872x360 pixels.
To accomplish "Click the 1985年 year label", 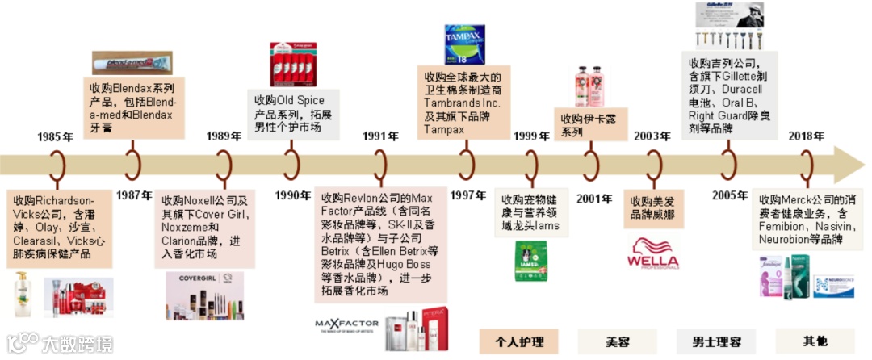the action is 55,137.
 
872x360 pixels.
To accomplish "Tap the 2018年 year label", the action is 806,137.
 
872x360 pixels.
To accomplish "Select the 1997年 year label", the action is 467,195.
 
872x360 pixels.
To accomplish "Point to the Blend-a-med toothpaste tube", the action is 132,62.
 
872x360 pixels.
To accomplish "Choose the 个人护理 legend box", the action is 519,341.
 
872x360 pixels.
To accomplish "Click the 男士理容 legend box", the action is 717,341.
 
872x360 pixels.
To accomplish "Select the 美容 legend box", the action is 618,341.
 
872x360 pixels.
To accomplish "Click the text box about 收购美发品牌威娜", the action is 652,207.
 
